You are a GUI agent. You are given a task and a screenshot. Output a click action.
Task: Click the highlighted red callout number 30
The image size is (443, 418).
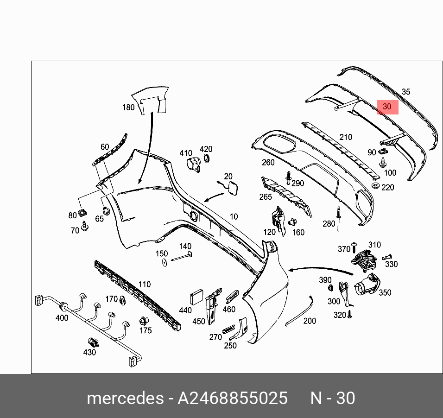pos(387,107)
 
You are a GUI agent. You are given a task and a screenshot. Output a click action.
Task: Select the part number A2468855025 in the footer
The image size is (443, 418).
pos(233,398)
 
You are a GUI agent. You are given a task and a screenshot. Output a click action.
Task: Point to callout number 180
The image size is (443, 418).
pos(128,108)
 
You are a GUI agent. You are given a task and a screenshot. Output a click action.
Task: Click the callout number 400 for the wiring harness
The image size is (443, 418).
pos(62,318)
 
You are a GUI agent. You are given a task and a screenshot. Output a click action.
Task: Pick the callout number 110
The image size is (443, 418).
pos(144,285)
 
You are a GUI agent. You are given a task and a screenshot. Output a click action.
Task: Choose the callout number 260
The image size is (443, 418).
pos(268,163)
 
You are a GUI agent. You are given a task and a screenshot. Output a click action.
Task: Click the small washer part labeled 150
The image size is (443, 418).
pos(165,263)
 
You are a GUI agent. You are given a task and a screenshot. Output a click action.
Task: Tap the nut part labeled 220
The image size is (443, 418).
pos(376,186)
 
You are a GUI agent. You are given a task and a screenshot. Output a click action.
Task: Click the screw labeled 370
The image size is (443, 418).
pos(355,244)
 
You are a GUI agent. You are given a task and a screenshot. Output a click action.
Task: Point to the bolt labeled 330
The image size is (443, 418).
pos(387,257)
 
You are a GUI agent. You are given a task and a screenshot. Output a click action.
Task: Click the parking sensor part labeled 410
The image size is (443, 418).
pos(193,165)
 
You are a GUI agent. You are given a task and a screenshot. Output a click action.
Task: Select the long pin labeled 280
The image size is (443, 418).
pos(339,218)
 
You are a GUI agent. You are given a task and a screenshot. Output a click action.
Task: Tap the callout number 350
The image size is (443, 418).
pos(385,292)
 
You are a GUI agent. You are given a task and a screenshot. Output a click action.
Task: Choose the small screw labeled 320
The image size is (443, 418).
pos(350,314)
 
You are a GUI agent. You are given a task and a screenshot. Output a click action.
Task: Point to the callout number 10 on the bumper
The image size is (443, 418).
pos(234,216)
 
